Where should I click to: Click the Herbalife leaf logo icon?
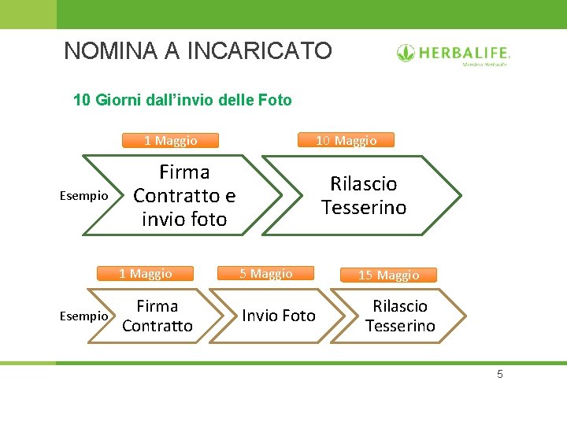406,54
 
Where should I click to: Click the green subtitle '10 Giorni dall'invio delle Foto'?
182,100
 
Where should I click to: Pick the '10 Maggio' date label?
346,140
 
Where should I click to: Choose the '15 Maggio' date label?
388,275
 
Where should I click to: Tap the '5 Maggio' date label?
266,274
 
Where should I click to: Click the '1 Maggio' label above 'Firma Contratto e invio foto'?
170,140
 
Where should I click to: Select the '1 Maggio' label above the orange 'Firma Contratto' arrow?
145,274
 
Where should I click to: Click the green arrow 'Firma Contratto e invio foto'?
184,195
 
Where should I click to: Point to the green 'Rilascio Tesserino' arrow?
363,195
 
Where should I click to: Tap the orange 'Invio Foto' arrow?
278,316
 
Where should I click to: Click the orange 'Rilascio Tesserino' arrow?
399,316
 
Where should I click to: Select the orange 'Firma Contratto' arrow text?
157,316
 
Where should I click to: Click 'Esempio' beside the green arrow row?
84,196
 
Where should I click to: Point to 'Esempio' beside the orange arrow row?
84,316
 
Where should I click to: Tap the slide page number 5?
499,374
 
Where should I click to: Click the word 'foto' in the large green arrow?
206,219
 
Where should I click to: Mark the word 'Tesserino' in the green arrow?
363,208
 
